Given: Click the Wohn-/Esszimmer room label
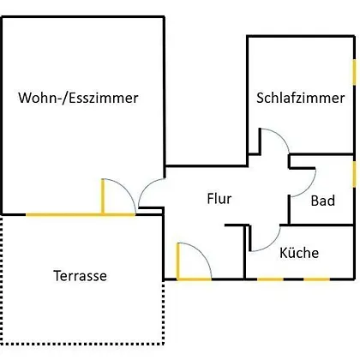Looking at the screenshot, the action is pyautogui.click(x=78, y=98).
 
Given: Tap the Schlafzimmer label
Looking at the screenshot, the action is pyautogui.click(x=300, y=98).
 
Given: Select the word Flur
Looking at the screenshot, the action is pyautogui.click(x=219, y=199).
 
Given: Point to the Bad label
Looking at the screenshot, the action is pyautogui.click(x=323, y=201).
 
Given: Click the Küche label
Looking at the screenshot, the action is pyautogui.click(x=299, y=253).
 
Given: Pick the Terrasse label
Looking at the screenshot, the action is pyautogui.click(x=80, y=276).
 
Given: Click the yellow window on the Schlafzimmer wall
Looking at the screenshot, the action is pyautogui.click(x=354, y=72).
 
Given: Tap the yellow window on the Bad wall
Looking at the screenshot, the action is pyautogui.click(x=354, y=174).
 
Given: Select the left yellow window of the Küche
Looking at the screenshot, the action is pyautogui.click(x=270, y=279).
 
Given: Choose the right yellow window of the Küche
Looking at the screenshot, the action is pyautogui.click(x=316, y=279).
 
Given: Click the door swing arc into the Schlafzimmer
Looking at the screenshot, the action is pyautogui.click(x=280, y=135).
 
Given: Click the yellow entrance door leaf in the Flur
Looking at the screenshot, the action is pyautogui.click(x=178, y=261).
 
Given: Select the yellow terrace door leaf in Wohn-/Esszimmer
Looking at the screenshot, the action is pyautogui.click(x=103, y=196).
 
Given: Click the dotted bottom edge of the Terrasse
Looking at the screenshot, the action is pyautogui.click(x=83, y=343).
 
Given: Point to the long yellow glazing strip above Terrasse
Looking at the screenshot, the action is pyautogui.click(x=81, y=214).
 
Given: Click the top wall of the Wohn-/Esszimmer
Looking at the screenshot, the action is pyautogui.click(x=83, y=17).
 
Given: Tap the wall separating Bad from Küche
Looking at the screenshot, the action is pyautogui.click(x=317, y=225).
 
